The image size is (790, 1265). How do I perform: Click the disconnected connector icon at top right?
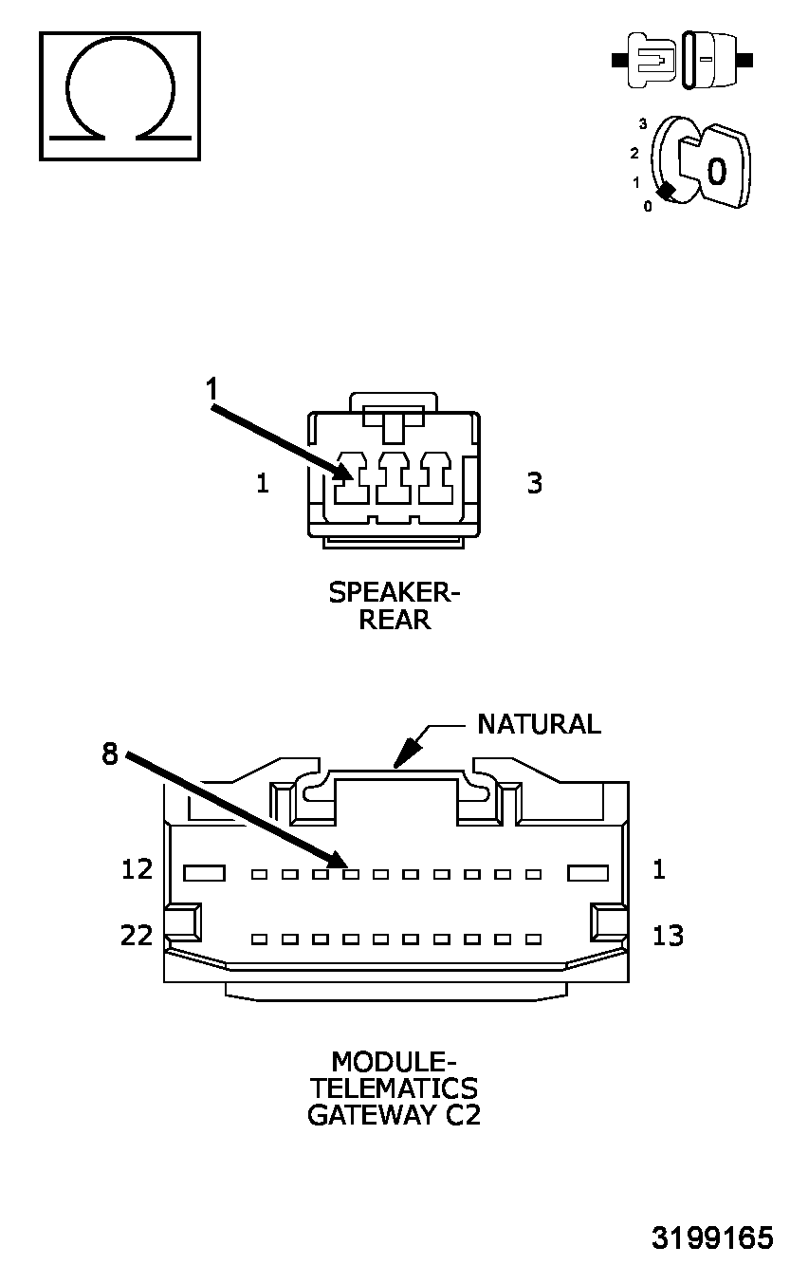click(683, 61)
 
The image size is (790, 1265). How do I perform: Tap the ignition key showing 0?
click(716, 169)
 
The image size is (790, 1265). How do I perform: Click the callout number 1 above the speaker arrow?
click(212, 389)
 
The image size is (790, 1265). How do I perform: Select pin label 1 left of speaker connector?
click(263, 483)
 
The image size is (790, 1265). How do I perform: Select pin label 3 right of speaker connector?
click(535, 483)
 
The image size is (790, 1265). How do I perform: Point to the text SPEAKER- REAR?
click(394, 606)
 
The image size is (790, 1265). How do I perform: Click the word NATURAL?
click(539, 724)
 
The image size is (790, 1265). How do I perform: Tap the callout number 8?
click(111, 754)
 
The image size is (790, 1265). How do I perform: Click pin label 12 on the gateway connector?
click(138, 869)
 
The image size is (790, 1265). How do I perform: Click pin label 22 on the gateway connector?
click(138, 936)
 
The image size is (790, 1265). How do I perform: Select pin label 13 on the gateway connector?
click(668, 936)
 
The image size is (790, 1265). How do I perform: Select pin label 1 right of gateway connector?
click(659, 869)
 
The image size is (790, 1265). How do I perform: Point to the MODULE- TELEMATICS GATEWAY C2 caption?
click(394, 1088)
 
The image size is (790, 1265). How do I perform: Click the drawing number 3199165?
click(711, 1238)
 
